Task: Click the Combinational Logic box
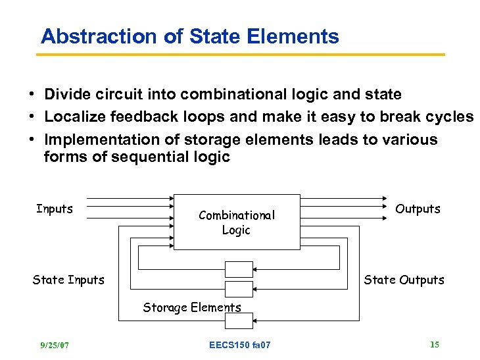(236, 222)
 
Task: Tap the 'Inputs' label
(55, 209)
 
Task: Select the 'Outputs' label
(418, 209)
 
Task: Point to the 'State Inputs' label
(68, 280)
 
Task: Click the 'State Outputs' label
(404, 280)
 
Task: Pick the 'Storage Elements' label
(192, 307)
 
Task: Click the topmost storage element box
(239, 269)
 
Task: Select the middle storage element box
(239, 289)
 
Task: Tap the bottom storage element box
(239, 321)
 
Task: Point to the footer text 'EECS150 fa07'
(239, 345)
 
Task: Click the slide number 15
(434, 344)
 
